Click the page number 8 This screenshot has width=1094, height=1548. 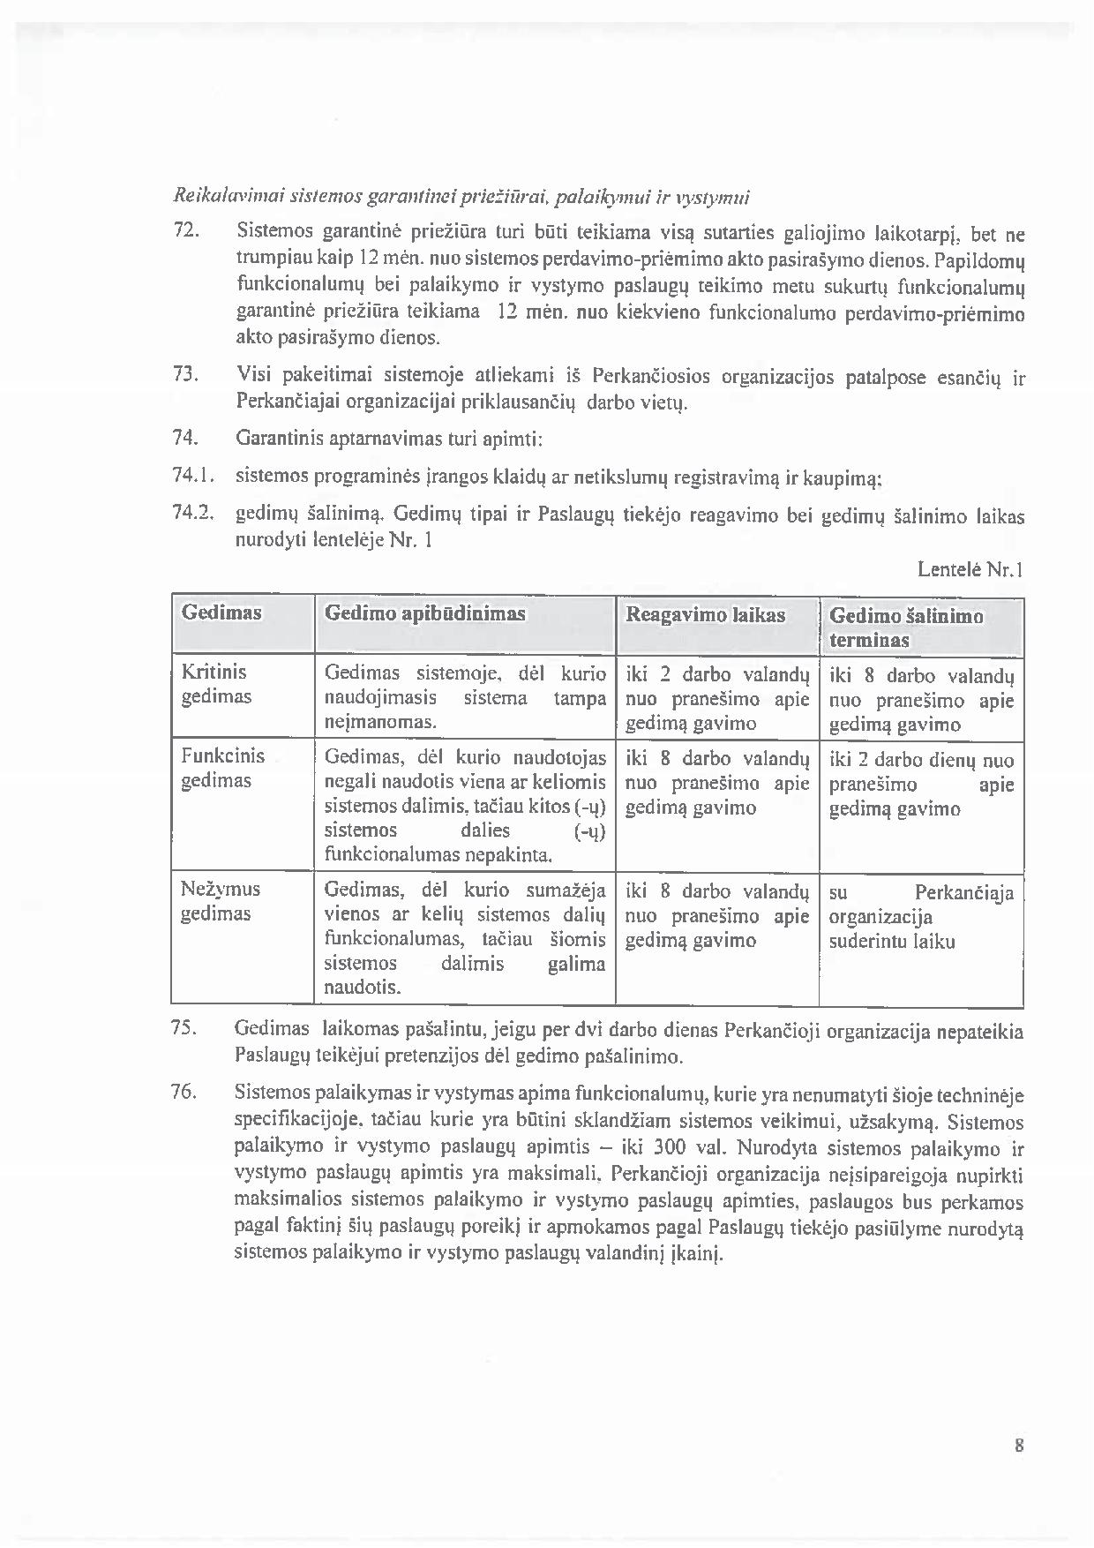[x=1019, y=1446]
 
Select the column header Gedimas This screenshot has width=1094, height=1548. [x=221, y=612]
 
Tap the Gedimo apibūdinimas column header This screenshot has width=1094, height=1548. [x=425, y=613]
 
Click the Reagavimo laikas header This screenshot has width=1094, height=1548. [x=705, y=615]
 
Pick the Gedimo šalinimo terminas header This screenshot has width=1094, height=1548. [x=906, y=627]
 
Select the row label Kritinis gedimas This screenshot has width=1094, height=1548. [x=216, y=684]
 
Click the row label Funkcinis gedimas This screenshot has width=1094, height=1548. [x=222, y=768]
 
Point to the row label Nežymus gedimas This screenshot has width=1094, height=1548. [x=220, y=900]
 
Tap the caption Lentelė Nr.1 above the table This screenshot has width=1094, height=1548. [x=970, y=570]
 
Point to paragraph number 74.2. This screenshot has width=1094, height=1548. [x=193, y=513]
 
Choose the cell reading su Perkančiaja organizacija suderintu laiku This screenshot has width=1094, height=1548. [x=921, y=916]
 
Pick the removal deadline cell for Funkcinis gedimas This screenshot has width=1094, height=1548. [x=921, y=784]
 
